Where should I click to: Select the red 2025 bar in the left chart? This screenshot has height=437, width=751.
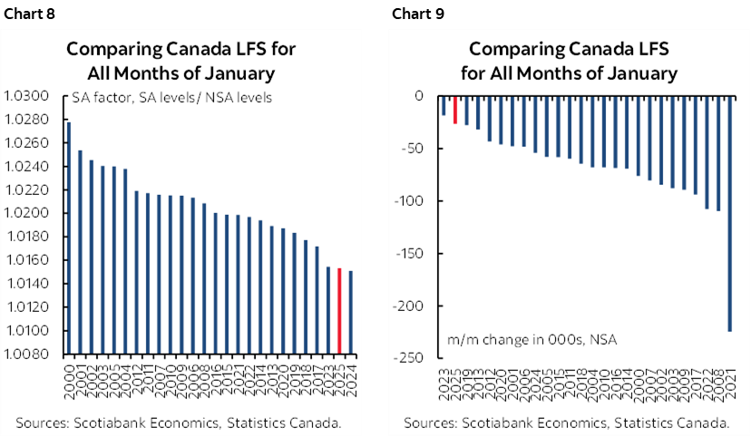click(x=339, y=310)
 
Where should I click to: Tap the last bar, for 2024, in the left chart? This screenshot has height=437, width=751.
click(x=350, y=312)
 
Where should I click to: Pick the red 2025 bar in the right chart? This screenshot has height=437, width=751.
click(x=455, y=109)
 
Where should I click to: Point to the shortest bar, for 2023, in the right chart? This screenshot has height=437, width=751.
click(x=444, y=105)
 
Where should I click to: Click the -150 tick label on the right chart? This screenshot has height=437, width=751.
click(x=410, y=253)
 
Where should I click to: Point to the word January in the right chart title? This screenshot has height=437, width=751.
click(x=635, y=73)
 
